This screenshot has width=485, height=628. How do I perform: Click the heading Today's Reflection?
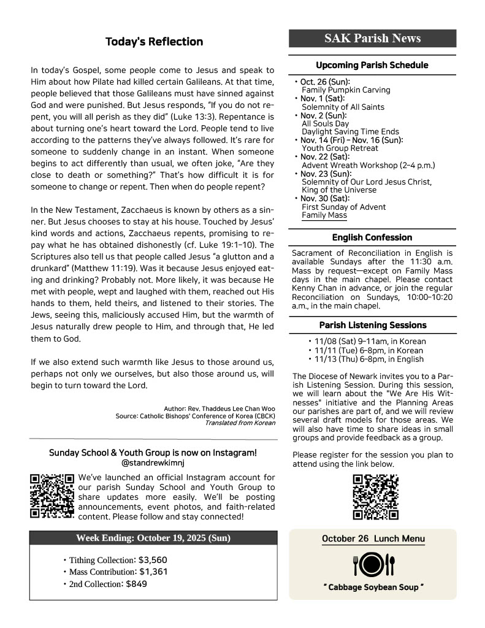pos(154,42)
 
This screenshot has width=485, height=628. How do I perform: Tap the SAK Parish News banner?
pos(373,39)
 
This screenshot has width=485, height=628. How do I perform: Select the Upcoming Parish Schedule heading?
pos(372,65)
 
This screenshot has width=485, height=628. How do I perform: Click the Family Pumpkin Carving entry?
pos(346,90)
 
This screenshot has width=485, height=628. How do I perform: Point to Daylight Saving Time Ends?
pos(350,132)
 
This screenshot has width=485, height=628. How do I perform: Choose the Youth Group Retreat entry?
pos(340,148)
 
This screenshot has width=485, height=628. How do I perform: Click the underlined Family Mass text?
pos(324,216)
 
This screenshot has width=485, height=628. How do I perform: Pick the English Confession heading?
pos(372,237)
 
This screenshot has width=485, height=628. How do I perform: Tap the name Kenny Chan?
pos(313,288)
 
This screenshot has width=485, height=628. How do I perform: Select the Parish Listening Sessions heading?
pos(372,325)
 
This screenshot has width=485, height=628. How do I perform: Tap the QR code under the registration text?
pos(376,497)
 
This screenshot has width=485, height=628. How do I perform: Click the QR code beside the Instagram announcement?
pos(52,496)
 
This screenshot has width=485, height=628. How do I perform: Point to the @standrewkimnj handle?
pos(153,463)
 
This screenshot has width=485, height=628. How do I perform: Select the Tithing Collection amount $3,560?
pos(153,560)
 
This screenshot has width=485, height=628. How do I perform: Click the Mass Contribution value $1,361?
pos(153,572)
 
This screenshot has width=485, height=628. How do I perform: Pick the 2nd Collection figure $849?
pos(136,584)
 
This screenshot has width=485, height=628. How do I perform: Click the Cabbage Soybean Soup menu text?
pos(373,588)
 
